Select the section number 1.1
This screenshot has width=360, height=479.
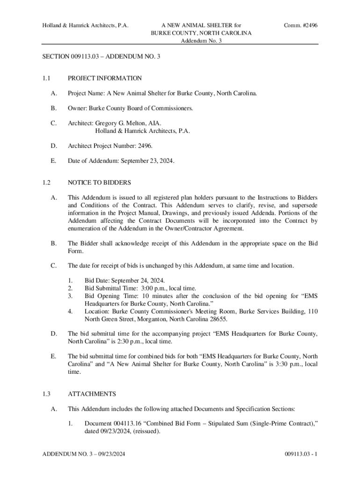point(46,78)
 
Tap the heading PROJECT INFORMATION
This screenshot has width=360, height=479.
point(105,78)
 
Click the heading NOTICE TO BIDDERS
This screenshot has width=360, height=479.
point(99,182)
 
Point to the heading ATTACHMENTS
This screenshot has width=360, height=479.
point(92,394)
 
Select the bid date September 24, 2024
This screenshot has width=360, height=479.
point(139,281)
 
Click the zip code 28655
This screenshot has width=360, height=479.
point(217,319)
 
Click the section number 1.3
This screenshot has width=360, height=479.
point(46,394)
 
